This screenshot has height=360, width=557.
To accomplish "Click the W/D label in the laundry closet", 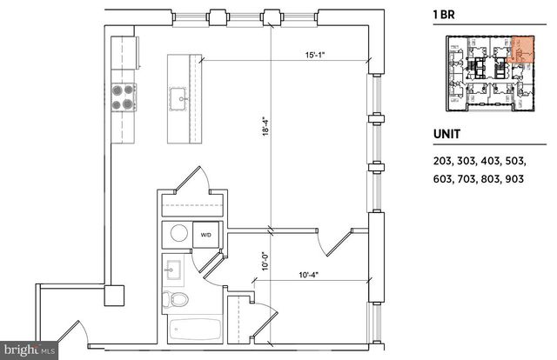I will tap(207, 235).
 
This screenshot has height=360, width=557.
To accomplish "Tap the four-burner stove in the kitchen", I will tap(122, 97).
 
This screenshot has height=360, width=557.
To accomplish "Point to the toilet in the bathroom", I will tap(176, 300).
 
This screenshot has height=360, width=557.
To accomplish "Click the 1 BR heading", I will tap(443, 15).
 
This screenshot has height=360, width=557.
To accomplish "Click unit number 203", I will tap(444, 161).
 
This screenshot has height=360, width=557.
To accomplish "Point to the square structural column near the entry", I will tap(113, 296).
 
